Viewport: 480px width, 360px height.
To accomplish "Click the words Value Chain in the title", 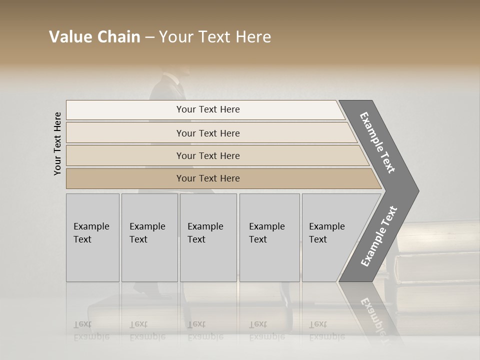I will (x=94, y=37).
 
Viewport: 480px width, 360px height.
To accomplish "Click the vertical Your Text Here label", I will (x=57, y=143).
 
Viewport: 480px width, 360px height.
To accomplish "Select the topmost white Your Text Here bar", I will (x=208, y=109).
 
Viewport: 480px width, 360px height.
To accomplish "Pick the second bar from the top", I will (x=208, y=133).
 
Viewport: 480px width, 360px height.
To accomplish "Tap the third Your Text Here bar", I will (x=208, y=155).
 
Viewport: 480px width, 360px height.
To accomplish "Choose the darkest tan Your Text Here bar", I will (x=208, y=178).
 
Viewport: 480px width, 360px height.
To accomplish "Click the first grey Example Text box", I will (x=92, y=237).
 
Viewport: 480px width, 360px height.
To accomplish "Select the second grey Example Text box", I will (x=149, y=237).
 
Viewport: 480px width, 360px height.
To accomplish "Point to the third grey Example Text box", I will (x=208, y=237).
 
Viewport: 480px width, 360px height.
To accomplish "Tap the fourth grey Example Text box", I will (x=269, y=237).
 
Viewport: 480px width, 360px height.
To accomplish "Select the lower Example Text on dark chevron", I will (x=379, y=236).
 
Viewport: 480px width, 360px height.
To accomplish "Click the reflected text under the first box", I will (x=91, y=330).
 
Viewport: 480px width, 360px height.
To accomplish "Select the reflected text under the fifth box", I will (x=326, y=330).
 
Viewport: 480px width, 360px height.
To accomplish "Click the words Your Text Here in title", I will (x=215, y=37).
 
